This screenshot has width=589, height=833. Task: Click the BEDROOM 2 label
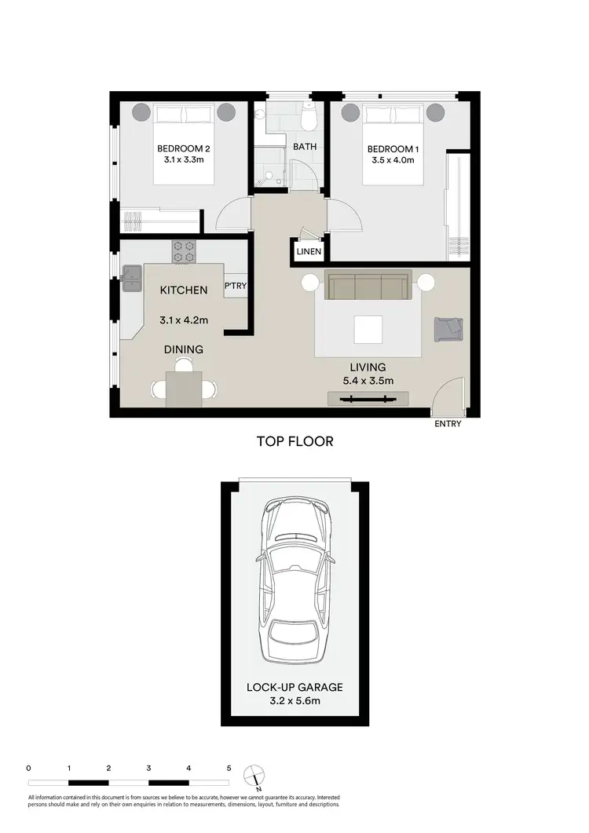[183, 148]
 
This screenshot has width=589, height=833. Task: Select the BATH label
[304, 147]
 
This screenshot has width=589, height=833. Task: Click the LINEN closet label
[307, 251]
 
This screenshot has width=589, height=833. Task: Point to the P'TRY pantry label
[236, 287]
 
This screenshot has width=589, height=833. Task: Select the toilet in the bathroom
[309, 117]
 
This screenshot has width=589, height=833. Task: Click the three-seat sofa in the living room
[368, 287]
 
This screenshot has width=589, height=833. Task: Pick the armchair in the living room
[448, 328]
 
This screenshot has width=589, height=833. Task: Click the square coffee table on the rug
[368, 329]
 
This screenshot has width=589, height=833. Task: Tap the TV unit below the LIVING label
[367, 399]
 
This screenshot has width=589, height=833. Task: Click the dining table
[183, 389]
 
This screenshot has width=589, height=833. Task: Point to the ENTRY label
[447, 424]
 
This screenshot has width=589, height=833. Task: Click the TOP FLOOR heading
[294, 441]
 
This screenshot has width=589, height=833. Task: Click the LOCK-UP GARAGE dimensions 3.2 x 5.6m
[294, 701]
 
